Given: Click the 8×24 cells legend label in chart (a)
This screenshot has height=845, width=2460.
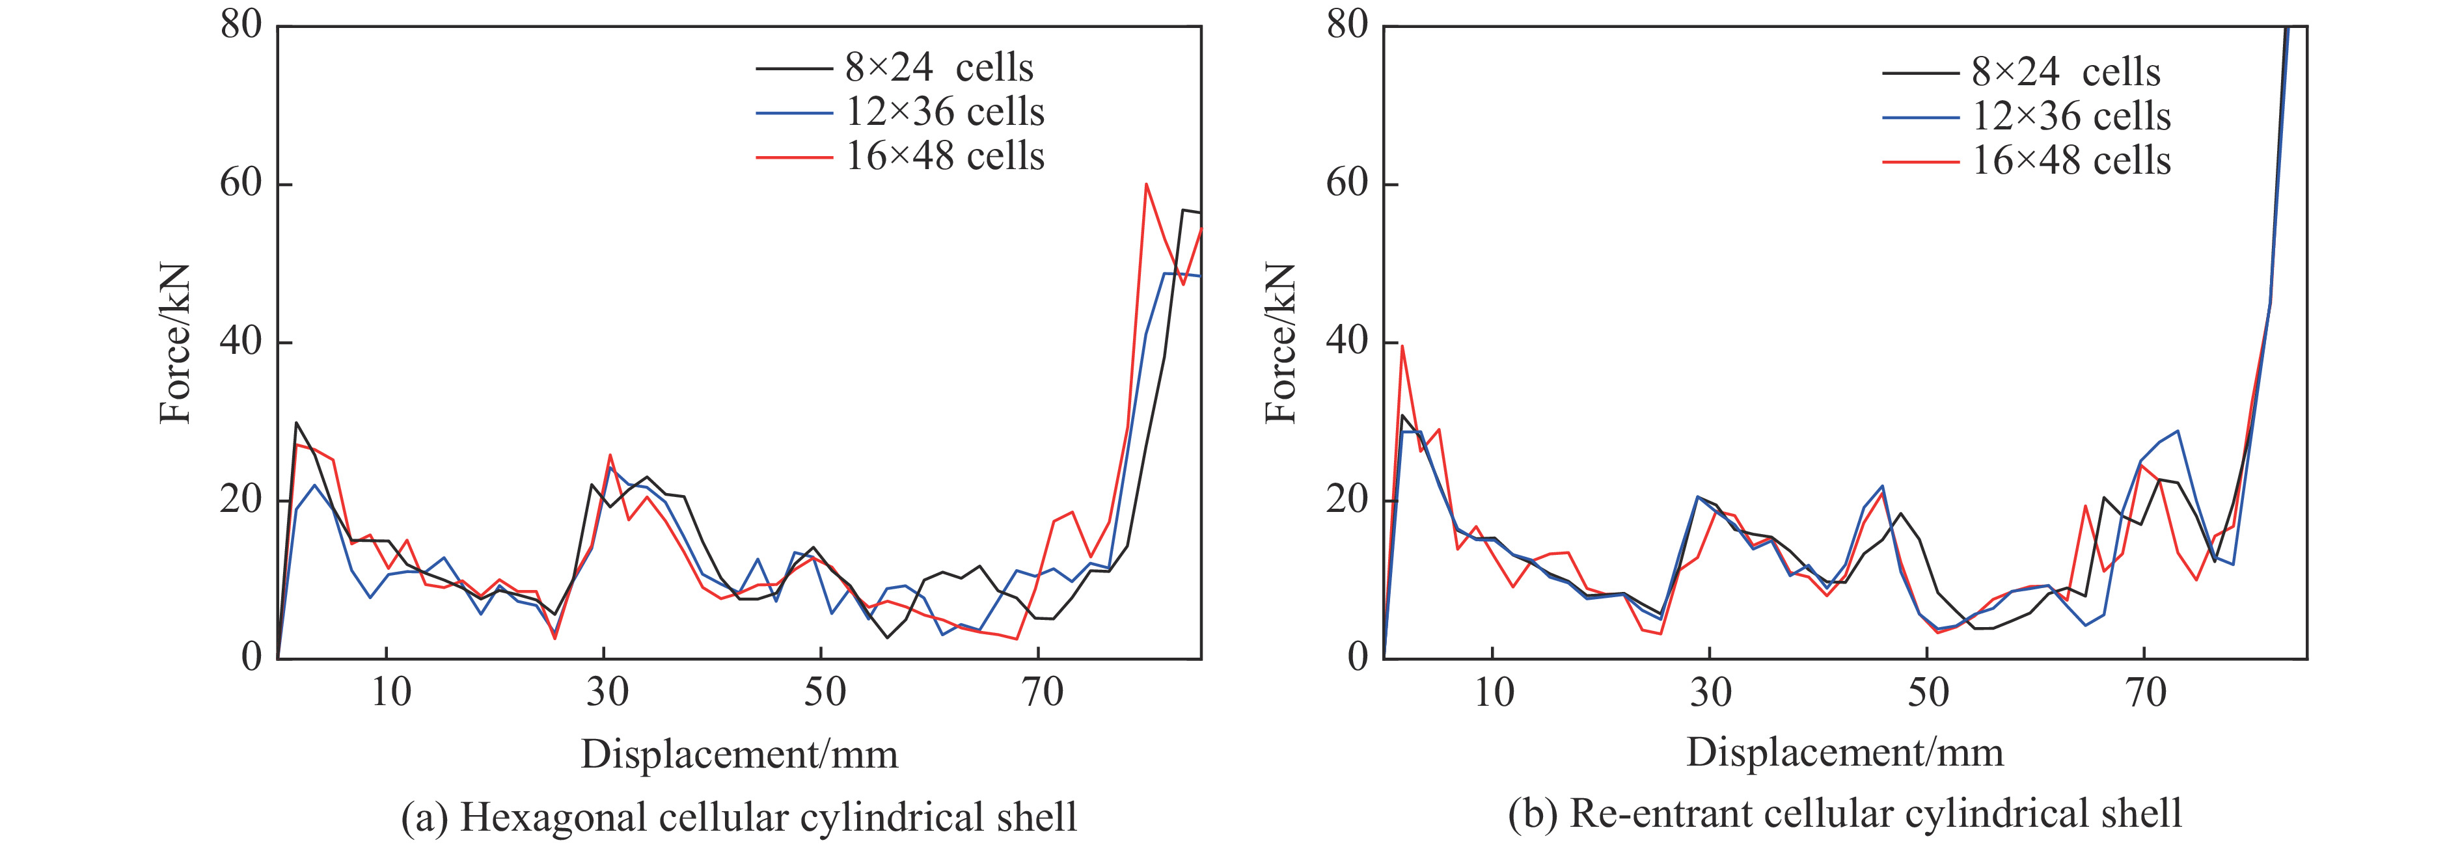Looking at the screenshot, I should [938, 68].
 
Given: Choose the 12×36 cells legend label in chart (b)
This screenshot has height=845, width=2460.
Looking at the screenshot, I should [2071, 116].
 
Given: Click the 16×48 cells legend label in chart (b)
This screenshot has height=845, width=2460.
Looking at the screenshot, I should [2071, 161].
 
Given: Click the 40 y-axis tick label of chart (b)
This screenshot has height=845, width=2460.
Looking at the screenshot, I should [1346, 341].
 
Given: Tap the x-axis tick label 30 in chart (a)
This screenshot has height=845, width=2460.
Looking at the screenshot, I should [607, 692].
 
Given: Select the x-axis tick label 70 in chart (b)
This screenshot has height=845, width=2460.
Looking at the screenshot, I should [2146, 692].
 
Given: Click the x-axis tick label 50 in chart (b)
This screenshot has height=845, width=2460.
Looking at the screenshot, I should [1928, 692].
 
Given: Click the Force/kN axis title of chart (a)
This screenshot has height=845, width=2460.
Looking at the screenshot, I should [176, 343].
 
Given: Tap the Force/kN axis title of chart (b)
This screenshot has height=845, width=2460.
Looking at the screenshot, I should [1281, 343].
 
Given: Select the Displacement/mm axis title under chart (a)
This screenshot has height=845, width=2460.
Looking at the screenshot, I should [739, 755].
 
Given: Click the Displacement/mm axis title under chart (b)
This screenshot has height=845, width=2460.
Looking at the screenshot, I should [1845, 753].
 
